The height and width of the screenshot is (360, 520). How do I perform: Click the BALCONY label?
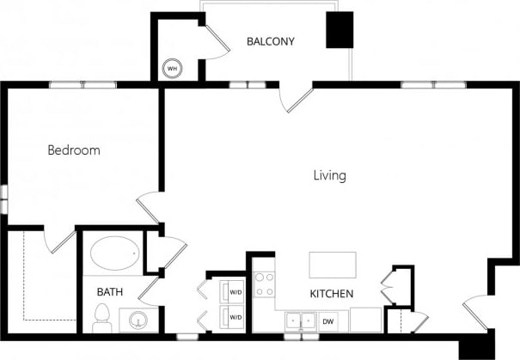click(271, 41)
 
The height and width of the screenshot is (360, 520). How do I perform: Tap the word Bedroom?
click(73, 150)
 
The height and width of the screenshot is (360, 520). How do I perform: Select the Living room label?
click(329, 175)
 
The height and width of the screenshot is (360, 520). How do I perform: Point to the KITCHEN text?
click(332, 294)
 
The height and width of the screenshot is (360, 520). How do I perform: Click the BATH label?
click(109, 292)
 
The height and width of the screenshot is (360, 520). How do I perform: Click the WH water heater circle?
click(172, 68)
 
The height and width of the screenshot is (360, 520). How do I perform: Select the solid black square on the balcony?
click(339, 30)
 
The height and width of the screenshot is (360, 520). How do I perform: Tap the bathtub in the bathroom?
click(114, 254)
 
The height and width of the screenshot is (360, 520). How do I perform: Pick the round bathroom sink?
click(136, 322)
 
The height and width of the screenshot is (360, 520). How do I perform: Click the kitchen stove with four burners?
click(264, 284)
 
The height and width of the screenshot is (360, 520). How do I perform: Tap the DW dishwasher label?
click(328, 321)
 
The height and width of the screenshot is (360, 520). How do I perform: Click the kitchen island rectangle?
click(333, 263)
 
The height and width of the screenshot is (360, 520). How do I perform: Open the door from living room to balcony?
click(298, 99)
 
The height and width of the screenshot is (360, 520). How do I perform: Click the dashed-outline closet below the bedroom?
click(42, 275)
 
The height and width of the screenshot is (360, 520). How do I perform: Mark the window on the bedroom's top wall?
click(83, 85)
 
